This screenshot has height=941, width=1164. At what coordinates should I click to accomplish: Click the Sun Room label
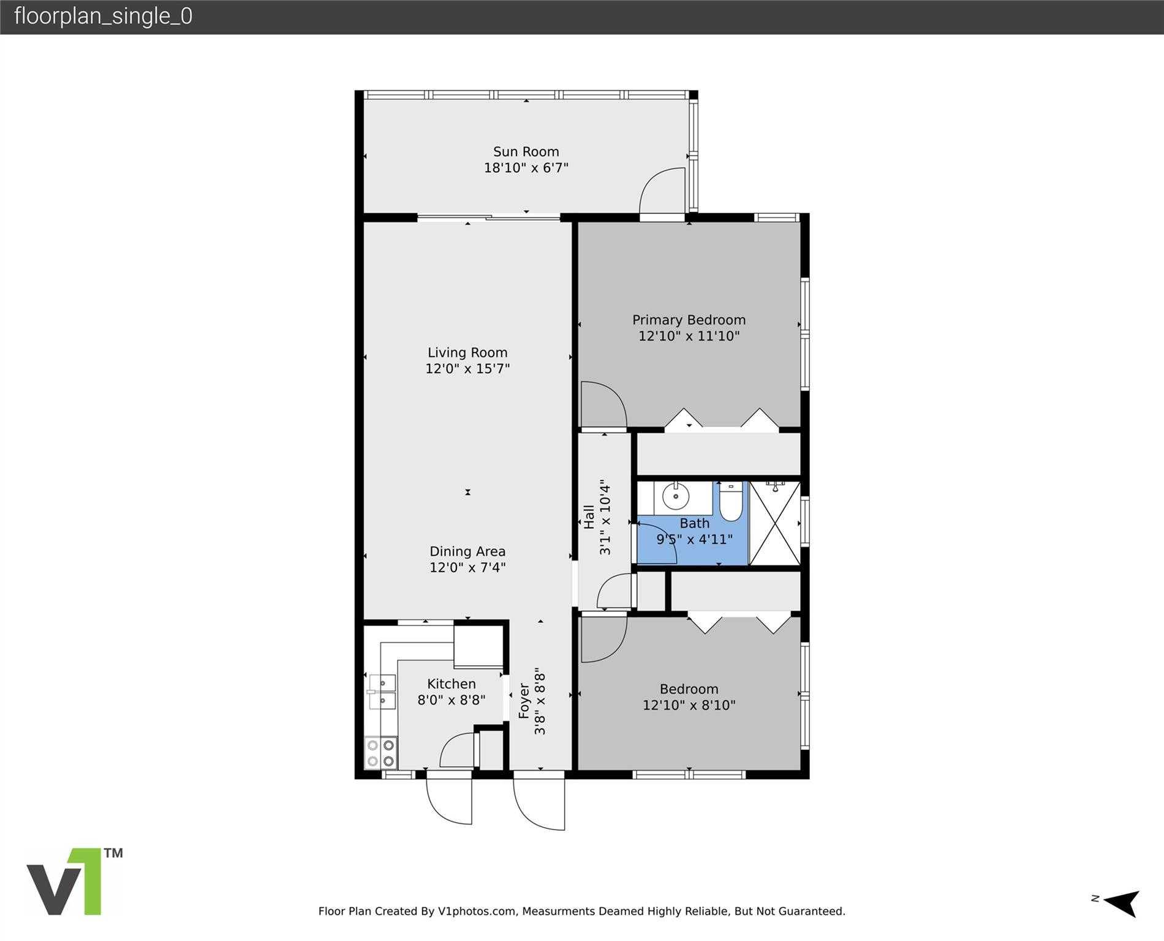(x=526, y=151)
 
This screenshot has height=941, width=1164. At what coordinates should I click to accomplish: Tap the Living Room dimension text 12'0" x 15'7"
(x=467, y=369)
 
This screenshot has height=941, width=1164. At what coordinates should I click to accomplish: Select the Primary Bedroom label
(x=689, y=320)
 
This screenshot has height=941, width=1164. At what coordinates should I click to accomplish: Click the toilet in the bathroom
(x=730, y=502)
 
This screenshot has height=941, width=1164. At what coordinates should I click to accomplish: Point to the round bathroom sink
(x=676, y=497)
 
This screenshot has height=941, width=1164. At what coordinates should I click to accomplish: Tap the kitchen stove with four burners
(x=380, y=753)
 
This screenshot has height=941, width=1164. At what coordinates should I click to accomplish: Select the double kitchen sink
(x=382, y=692)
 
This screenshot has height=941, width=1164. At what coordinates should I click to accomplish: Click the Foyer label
(x=524, y=700)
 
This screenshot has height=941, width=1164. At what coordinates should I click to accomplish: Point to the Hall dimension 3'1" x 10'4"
(x=605, y=517)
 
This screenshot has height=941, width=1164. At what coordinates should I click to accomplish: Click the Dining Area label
(x=467, y=551)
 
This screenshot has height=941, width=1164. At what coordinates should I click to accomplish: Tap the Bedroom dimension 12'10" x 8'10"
(x=689, y=705)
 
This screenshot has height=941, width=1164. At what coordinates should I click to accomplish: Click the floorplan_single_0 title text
(x=103, y=17)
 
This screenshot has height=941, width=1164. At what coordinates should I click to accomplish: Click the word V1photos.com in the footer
(x=476, y=911)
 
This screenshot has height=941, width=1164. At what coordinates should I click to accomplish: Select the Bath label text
(x=694, y=523)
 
